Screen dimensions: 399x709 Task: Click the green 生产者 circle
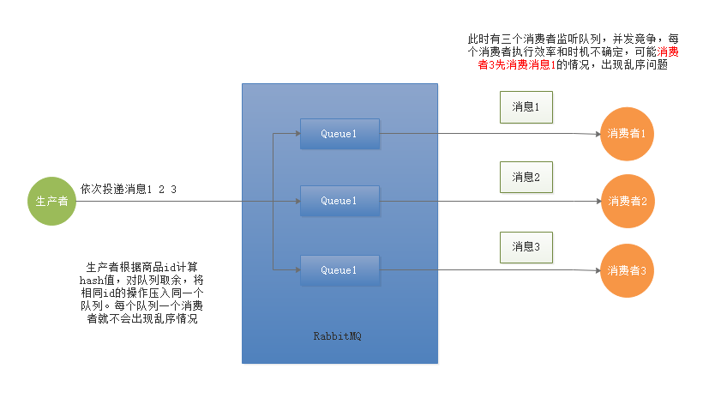(51, 201)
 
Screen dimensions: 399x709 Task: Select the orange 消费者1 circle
(626, 134)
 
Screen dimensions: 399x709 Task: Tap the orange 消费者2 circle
(626, 201)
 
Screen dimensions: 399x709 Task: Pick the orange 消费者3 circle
(626, 269)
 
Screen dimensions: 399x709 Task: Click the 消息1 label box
(526, 107)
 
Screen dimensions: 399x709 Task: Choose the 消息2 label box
(526, 177)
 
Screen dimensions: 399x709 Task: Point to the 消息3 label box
(526, 246)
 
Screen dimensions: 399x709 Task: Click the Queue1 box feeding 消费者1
(339, 134)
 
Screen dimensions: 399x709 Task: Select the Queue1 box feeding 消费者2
(339, 201)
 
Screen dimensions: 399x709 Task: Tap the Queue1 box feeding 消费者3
(339, 270)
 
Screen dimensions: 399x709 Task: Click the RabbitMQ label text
(338, 336)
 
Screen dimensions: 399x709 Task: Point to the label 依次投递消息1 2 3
(129, 188)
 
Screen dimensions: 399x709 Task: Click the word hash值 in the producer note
(94, 280)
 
